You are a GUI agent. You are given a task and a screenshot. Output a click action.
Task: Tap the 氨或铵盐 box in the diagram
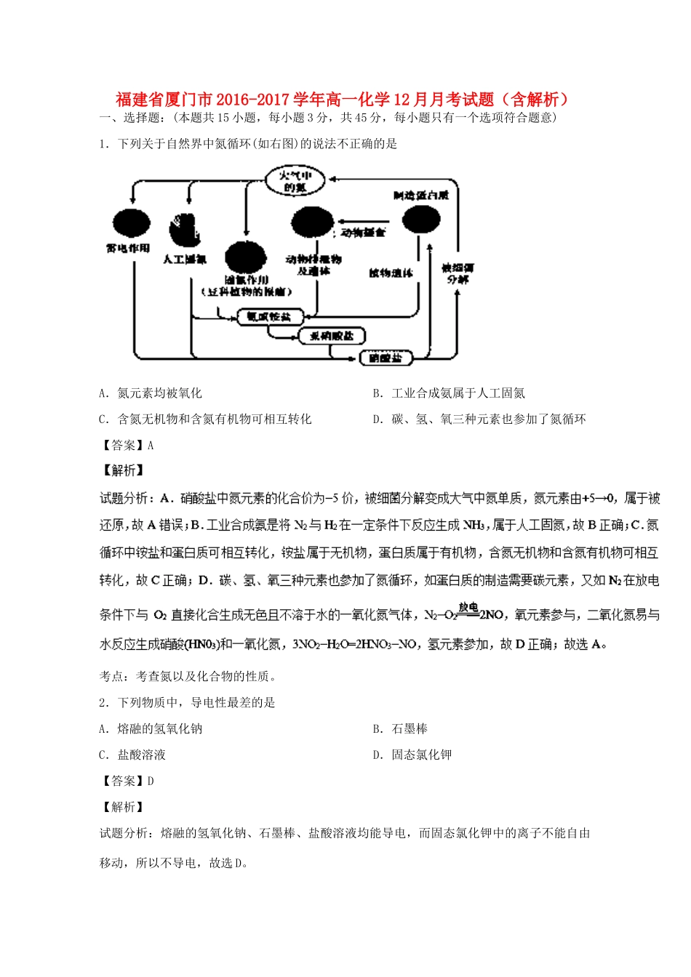(x=268, y=317)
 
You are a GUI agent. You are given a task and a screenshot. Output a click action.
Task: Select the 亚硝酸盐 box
(x=332, y=336)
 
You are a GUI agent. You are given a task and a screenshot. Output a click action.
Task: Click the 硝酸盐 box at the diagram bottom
(x=386, y=358)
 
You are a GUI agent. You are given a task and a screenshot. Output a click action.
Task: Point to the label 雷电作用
(x=128, y=249)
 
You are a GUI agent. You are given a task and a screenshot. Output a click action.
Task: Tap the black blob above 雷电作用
(x=131, y=225)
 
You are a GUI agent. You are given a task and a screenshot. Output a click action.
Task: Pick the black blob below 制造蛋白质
(x=421, y=219)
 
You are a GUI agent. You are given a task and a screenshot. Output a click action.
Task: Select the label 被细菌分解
(x=458, y=273)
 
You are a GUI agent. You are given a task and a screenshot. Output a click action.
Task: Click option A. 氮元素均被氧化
(x=151, y=393)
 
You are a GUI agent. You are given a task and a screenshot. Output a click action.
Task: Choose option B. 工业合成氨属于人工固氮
(x=449, y=393)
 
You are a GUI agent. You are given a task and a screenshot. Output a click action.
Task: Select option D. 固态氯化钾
(x=412, y=755)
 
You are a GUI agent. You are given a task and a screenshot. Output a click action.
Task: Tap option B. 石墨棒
(x=401, y=728)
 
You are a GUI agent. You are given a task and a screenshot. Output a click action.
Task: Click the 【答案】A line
(x=127, y=445)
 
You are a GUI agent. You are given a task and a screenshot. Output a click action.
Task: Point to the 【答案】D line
(x=127, y=781)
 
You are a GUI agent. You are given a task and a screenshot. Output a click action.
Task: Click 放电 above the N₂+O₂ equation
(x=468, y=606)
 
